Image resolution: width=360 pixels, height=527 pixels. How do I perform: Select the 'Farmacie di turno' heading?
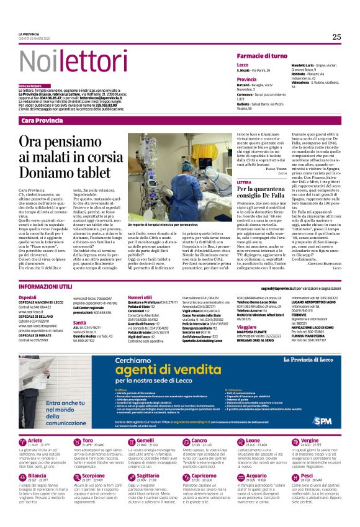[261, 56]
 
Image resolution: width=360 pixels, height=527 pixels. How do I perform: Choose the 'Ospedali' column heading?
[27, 297]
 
